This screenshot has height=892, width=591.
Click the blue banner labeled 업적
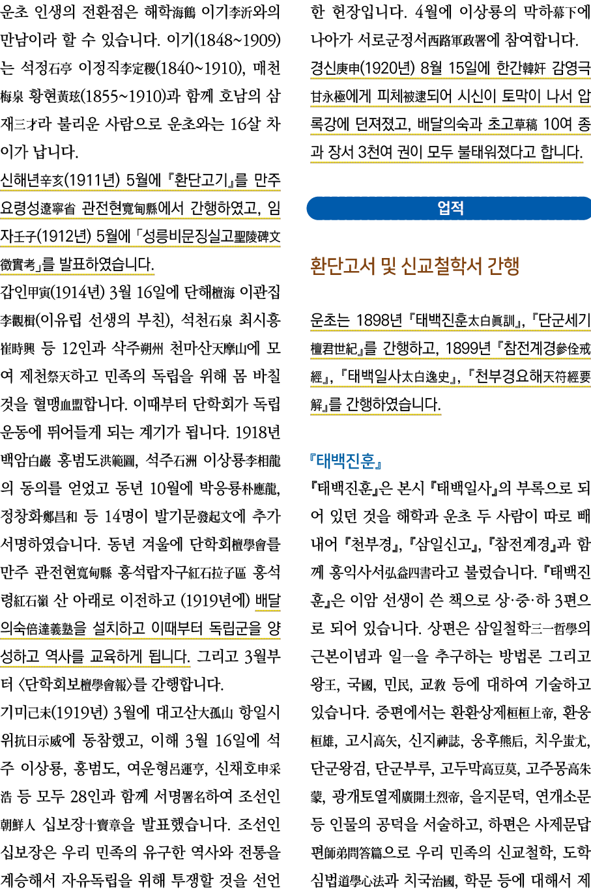pos(450,209)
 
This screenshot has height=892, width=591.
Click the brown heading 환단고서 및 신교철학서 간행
pos(414,266)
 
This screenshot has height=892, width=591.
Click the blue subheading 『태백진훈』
pos(346,461)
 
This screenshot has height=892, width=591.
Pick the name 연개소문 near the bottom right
pos(562,796)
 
